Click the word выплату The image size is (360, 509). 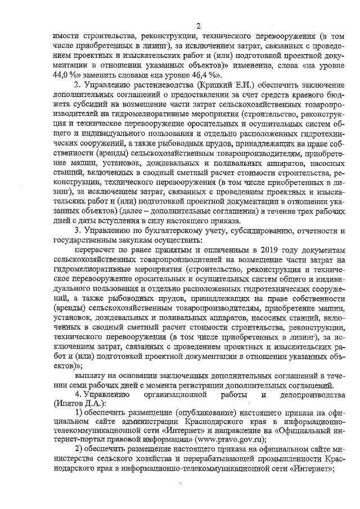[91, 375]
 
